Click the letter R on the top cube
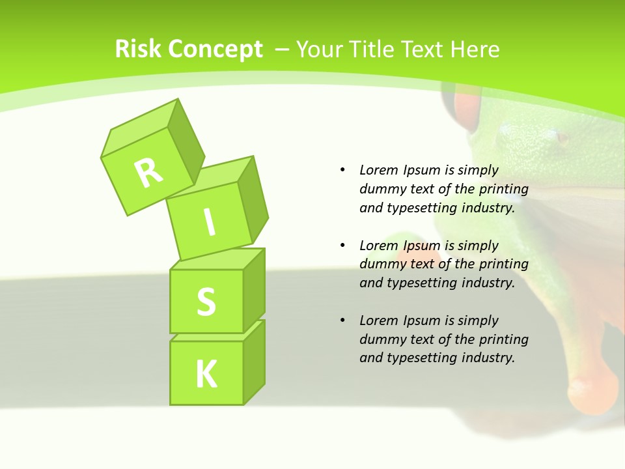click(x=148, y=172)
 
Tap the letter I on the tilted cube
click(x=209, y=223)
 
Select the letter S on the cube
click(x=206, y=302)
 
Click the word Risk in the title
click(x=139, y=49)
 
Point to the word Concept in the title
click(x=215, y=50)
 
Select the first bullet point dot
click(x=342, y=170)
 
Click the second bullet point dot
click(x=342, y=246)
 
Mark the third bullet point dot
click(x=342, y=320)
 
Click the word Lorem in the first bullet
click(x=378, y=170)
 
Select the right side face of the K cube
click(x=254, y=362)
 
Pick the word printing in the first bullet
click(x=504, y=189)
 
